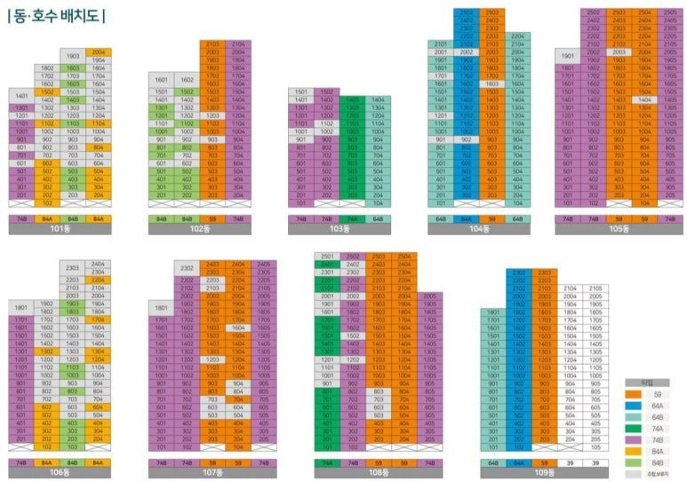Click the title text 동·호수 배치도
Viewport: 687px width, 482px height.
click(57, 15)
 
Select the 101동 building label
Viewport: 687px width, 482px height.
click(60, 228)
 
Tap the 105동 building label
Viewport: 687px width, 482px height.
click(619, 228)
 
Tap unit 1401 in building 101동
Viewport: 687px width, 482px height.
click(21, 95)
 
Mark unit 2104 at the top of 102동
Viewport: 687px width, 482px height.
click(237, 43)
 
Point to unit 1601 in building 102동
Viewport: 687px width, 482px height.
click(161, 78)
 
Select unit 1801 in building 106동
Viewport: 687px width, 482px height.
click(21, 307)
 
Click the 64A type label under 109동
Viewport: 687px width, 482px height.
click(518, 462)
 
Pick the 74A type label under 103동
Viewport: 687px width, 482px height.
click(352, 217)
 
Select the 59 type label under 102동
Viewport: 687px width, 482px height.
click(212, 217)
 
